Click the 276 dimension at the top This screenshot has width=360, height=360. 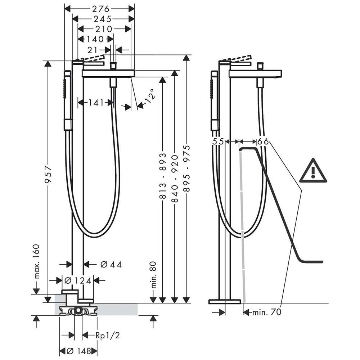click(101, 9)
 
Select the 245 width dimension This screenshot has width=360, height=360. click(102, 19)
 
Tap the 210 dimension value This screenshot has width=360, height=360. click(103, 29)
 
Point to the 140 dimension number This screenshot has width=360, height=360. click(95, 39)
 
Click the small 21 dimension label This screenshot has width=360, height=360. click(92, 50)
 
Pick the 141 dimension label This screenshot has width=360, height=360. click(96, 102)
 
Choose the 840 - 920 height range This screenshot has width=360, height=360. click(175, 179)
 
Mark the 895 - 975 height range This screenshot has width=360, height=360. click(187, 168)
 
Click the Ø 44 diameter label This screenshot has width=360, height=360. click(111, 265)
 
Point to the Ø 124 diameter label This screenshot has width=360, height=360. click(78, 280)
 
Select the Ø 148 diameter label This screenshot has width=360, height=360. click(79, 351)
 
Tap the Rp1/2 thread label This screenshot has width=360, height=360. click(108, 336)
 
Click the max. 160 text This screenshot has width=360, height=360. click(36, 261)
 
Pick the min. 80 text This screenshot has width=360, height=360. click(153, 275)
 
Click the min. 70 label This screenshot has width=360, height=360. click(266, 312)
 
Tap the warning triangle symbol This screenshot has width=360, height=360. click(313, 171)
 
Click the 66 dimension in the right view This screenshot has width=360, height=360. click(263, 141)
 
